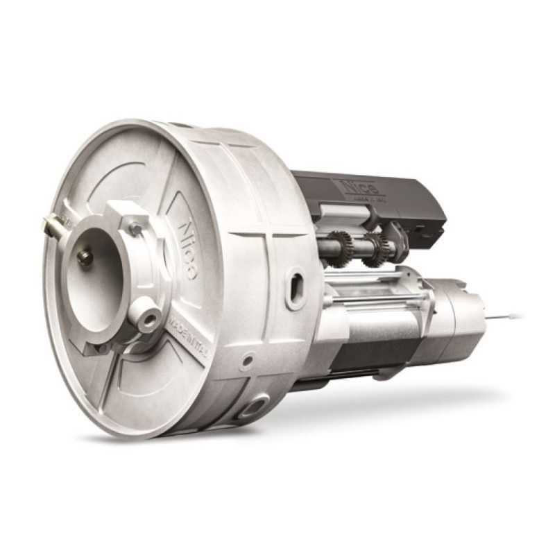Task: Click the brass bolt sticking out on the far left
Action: (x=53, y=224)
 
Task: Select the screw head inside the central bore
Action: (x=85, y=257)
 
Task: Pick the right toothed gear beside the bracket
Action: (x=377, y=246)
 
